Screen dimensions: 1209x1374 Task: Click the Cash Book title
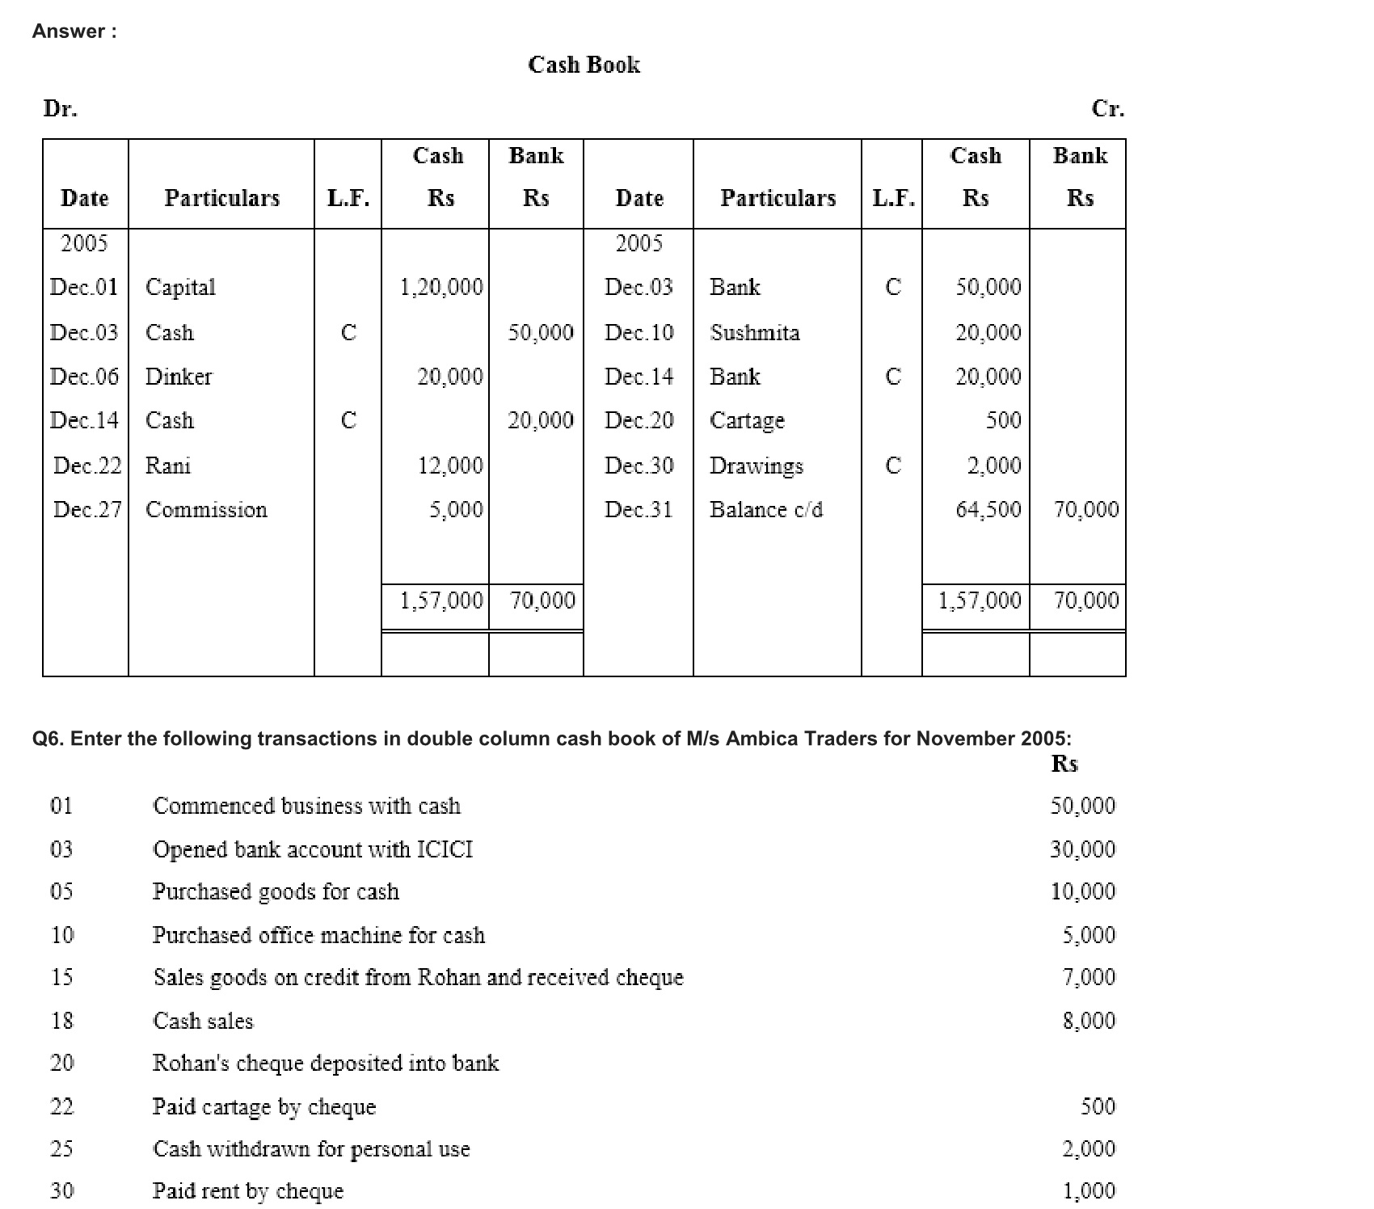click(x=584, y=65)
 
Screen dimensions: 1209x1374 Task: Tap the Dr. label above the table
click(x=61, y=108)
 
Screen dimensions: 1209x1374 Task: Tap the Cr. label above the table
click(x=1107, y=108)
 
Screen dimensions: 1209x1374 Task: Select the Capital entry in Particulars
click(x=180, y=288)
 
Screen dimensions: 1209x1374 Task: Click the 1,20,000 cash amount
click(x=441, y=288)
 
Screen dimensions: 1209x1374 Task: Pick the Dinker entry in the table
click(x=179, y=377)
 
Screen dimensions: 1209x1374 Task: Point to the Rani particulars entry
click(x=168, y=465)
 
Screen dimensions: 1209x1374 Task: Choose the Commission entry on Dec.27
click(x=206, y=510)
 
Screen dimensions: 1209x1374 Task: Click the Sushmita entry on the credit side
click(x=755, y=333)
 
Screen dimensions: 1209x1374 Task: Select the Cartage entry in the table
click(x=747, y=421)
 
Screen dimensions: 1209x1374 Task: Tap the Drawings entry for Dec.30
click(x=757, y=466)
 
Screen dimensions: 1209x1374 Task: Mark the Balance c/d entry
click(x=766, y=510)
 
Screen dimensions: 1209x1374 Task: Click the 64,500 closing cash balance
click(x=988, y=510)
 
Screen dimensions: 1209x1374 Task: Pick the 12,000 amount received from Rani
click(x=450, y=465)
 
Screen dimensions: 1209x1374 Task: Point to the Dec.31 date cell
click(x=639, y=510)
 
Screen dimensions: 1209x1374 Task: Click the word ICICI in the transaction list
click(x=445, y=849)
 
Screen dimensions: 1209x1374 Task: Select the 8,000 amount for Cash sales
click(x=1089, y=1021)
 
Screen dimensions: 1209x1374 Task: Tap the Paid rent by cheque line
click(x=248, y=1191)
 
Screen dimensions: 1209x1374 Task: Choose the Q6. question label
click(x=48, y=739)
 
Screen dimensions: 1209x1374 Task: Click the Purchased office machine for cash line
click(x=318, y=935)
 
